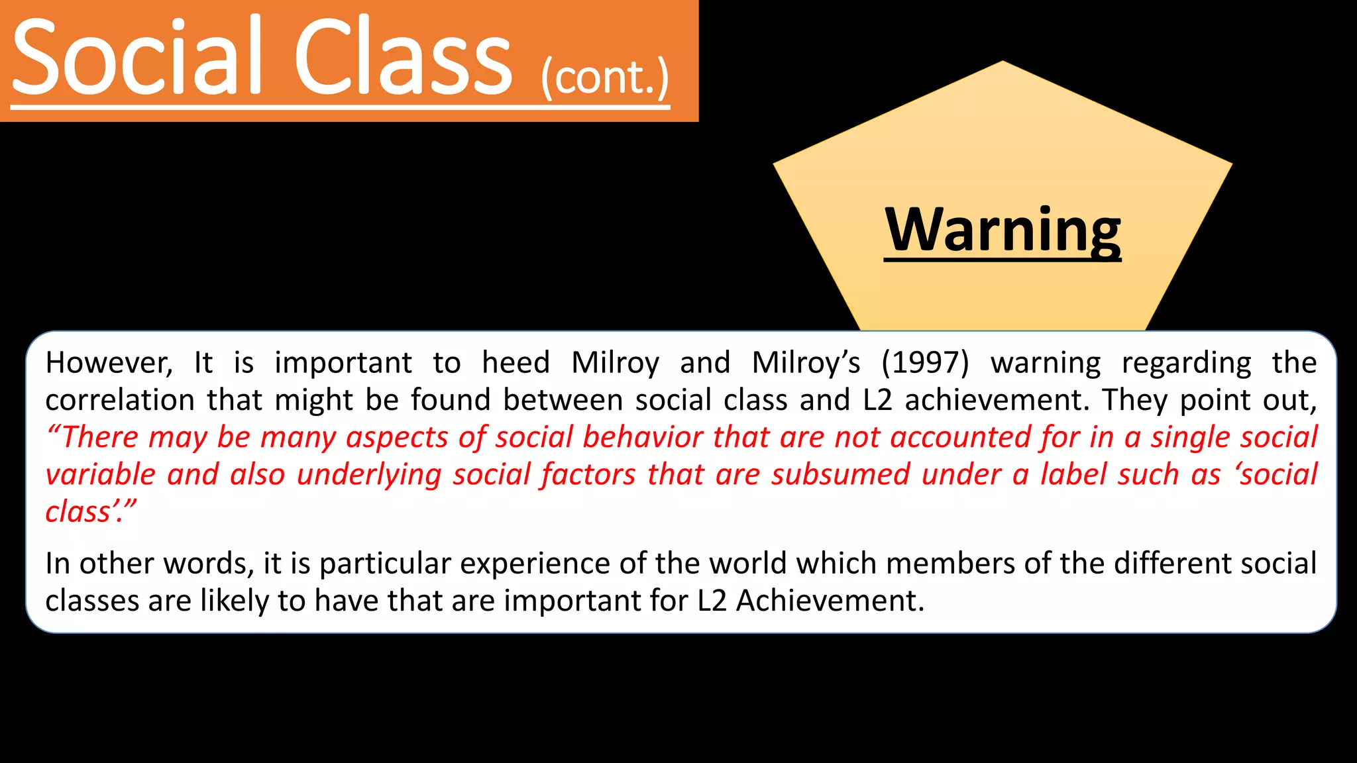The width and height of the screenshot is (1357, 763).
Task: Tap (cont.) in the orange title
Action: [x=605, y=78]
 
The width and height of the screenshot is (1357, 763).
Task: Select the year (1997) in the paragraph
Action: [x=926, y=362]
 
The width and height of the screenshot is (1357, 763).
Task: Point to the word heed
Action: [x=516, y=362]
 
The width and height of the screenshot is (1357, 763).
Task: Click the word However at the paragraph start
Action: [x=109, y=362]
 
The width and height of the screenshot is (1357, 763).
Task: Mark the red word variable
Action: [x=100, y=474]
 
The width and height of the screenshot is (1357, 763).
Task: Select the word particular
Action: [x=385, y=564]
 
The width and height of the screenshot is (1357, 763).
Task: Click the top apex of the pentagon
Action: [x=1003, y=62]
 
